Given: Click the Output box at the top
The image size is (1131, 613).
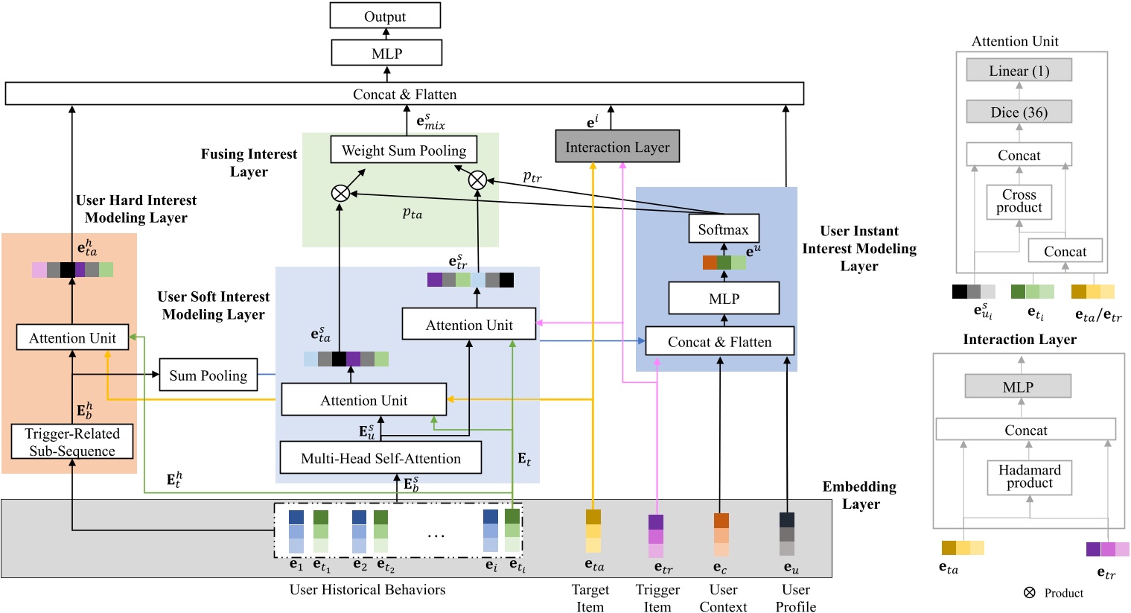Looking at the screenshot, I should [x=385, y=16].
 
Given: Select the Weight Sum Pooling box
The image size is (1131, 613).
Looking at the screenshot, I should [x=404, y=150].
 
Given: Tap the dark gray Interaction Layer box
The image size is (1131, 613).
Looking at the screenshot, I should [x=617, y=147].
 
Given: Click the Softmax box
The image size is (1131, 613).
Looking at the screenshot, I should [x=723, y=229].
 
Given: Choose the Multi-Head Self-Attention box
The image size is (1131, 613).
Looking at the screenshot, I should [x=380, y=458].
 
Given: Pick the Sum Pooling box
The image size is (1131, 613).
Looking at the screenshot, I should [x=208, y=375].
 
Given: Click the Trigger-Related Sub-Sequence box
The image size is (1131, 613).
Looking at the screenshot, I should [x=72, y=442].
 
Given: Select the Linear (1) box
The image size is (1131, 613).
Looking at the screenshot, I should [x=1019, y=71].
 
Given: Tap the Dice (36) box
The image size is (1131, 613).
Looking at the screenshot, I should [x=1019, y=112].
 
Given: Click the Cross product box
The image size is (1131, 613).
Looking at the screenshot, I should [x=1019, y=201].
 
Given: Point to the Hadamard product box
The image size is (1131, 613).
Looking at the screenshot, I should [x=1029, y=477].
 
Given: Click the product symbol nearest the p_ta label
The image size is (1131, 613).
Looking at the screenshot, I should [x=340, y=194].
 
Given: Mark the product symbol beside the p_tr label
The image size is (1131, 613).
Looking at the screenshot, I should [x=477, y=180].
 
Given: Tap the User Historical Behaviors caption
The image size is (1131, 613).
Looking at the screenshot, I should [x=367, y=590].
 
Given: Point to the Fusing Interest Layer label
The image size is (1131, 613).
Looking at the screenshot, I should [x=249, y=162].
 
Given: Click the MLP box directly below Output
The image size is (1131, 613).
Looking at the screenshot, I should [x=386, y=54].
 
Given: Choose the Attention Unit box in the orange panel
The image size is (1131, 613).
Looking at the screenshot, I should [x=72, y=337].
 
